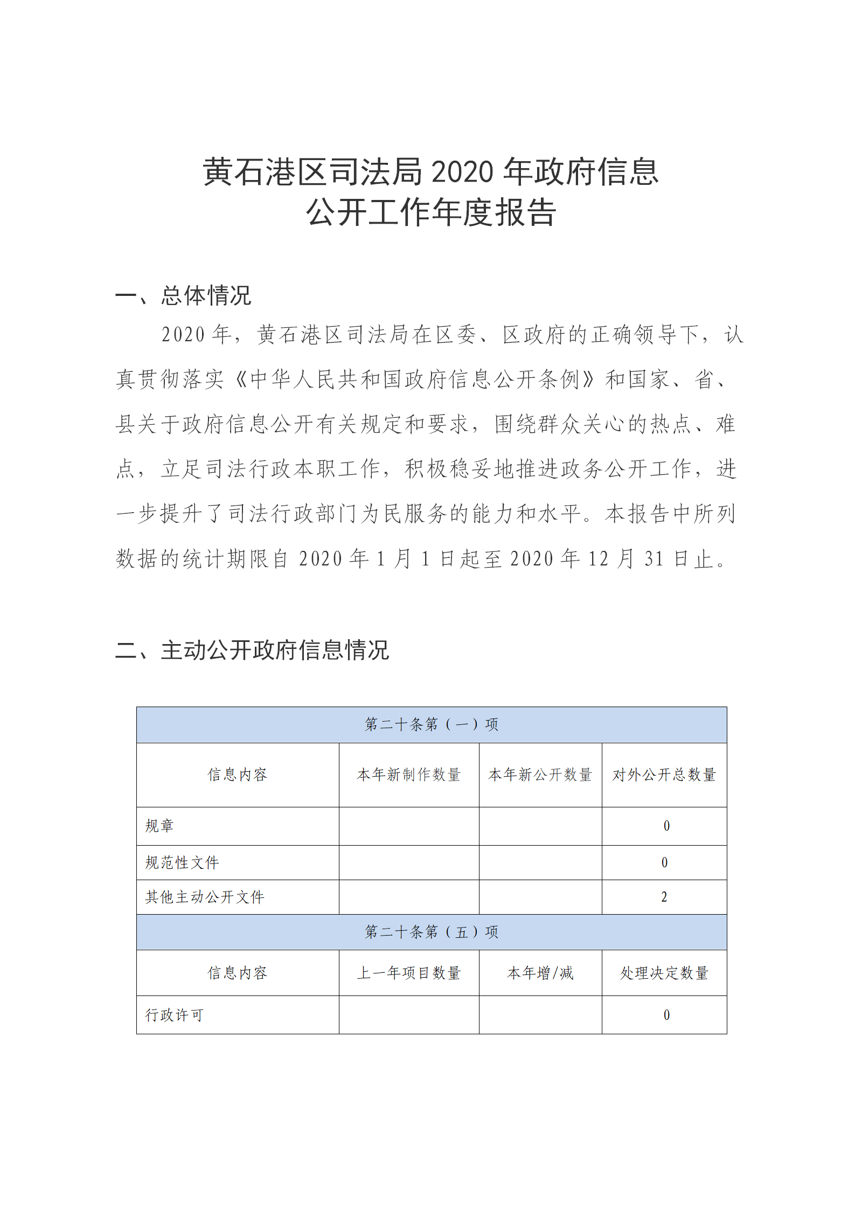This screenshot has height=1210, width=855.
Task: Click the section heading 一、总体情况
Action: coord(183,295)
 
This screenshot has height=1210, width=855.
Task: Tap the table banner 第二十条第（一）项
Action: coord(431,724)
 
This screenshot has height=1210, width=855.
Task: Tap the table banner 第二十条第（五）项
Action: coord(431,931)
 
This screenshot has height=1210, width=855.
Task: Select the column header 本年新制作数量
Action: coord(408,775)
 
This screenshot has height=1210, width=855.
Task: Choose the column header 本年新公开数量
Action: coord(540,775)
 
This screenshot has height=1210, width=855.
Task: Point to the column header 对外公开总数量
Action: coord(664,775)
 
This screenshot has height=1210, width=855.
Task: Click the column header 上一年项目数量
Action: coord(408,973)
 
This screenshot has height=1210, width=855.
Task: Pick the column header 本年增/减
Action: coord(540,973)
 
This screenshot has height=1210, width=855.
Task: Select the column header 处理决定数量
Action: coord(664,973)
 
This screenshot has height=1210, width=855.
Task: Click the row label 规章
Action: coord(159,826)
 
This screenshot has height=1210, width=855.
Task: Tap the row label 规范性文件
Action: coord(182,862)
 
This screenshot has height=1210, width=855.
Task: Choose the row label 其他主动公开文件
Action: coord(204,897)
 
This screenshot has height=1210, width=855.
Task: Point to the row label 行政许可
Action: coord(173,1015)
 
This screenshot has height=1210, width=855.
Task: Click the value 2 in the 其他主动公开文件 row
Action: coord(664,897)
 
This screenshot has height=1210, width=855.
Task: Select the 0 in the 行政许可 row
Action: coord(666,1015)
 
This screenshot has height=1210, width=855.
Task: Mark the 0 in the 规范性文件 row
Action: coord(664,862)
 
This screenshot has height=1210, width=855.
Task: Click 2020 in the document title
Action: coord(462,172)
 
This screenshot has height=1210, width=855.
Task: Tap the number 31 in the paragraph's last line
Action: coord(654,559)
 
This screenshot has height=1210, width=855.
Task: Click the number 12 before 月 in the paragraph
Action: coord(597,559)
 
